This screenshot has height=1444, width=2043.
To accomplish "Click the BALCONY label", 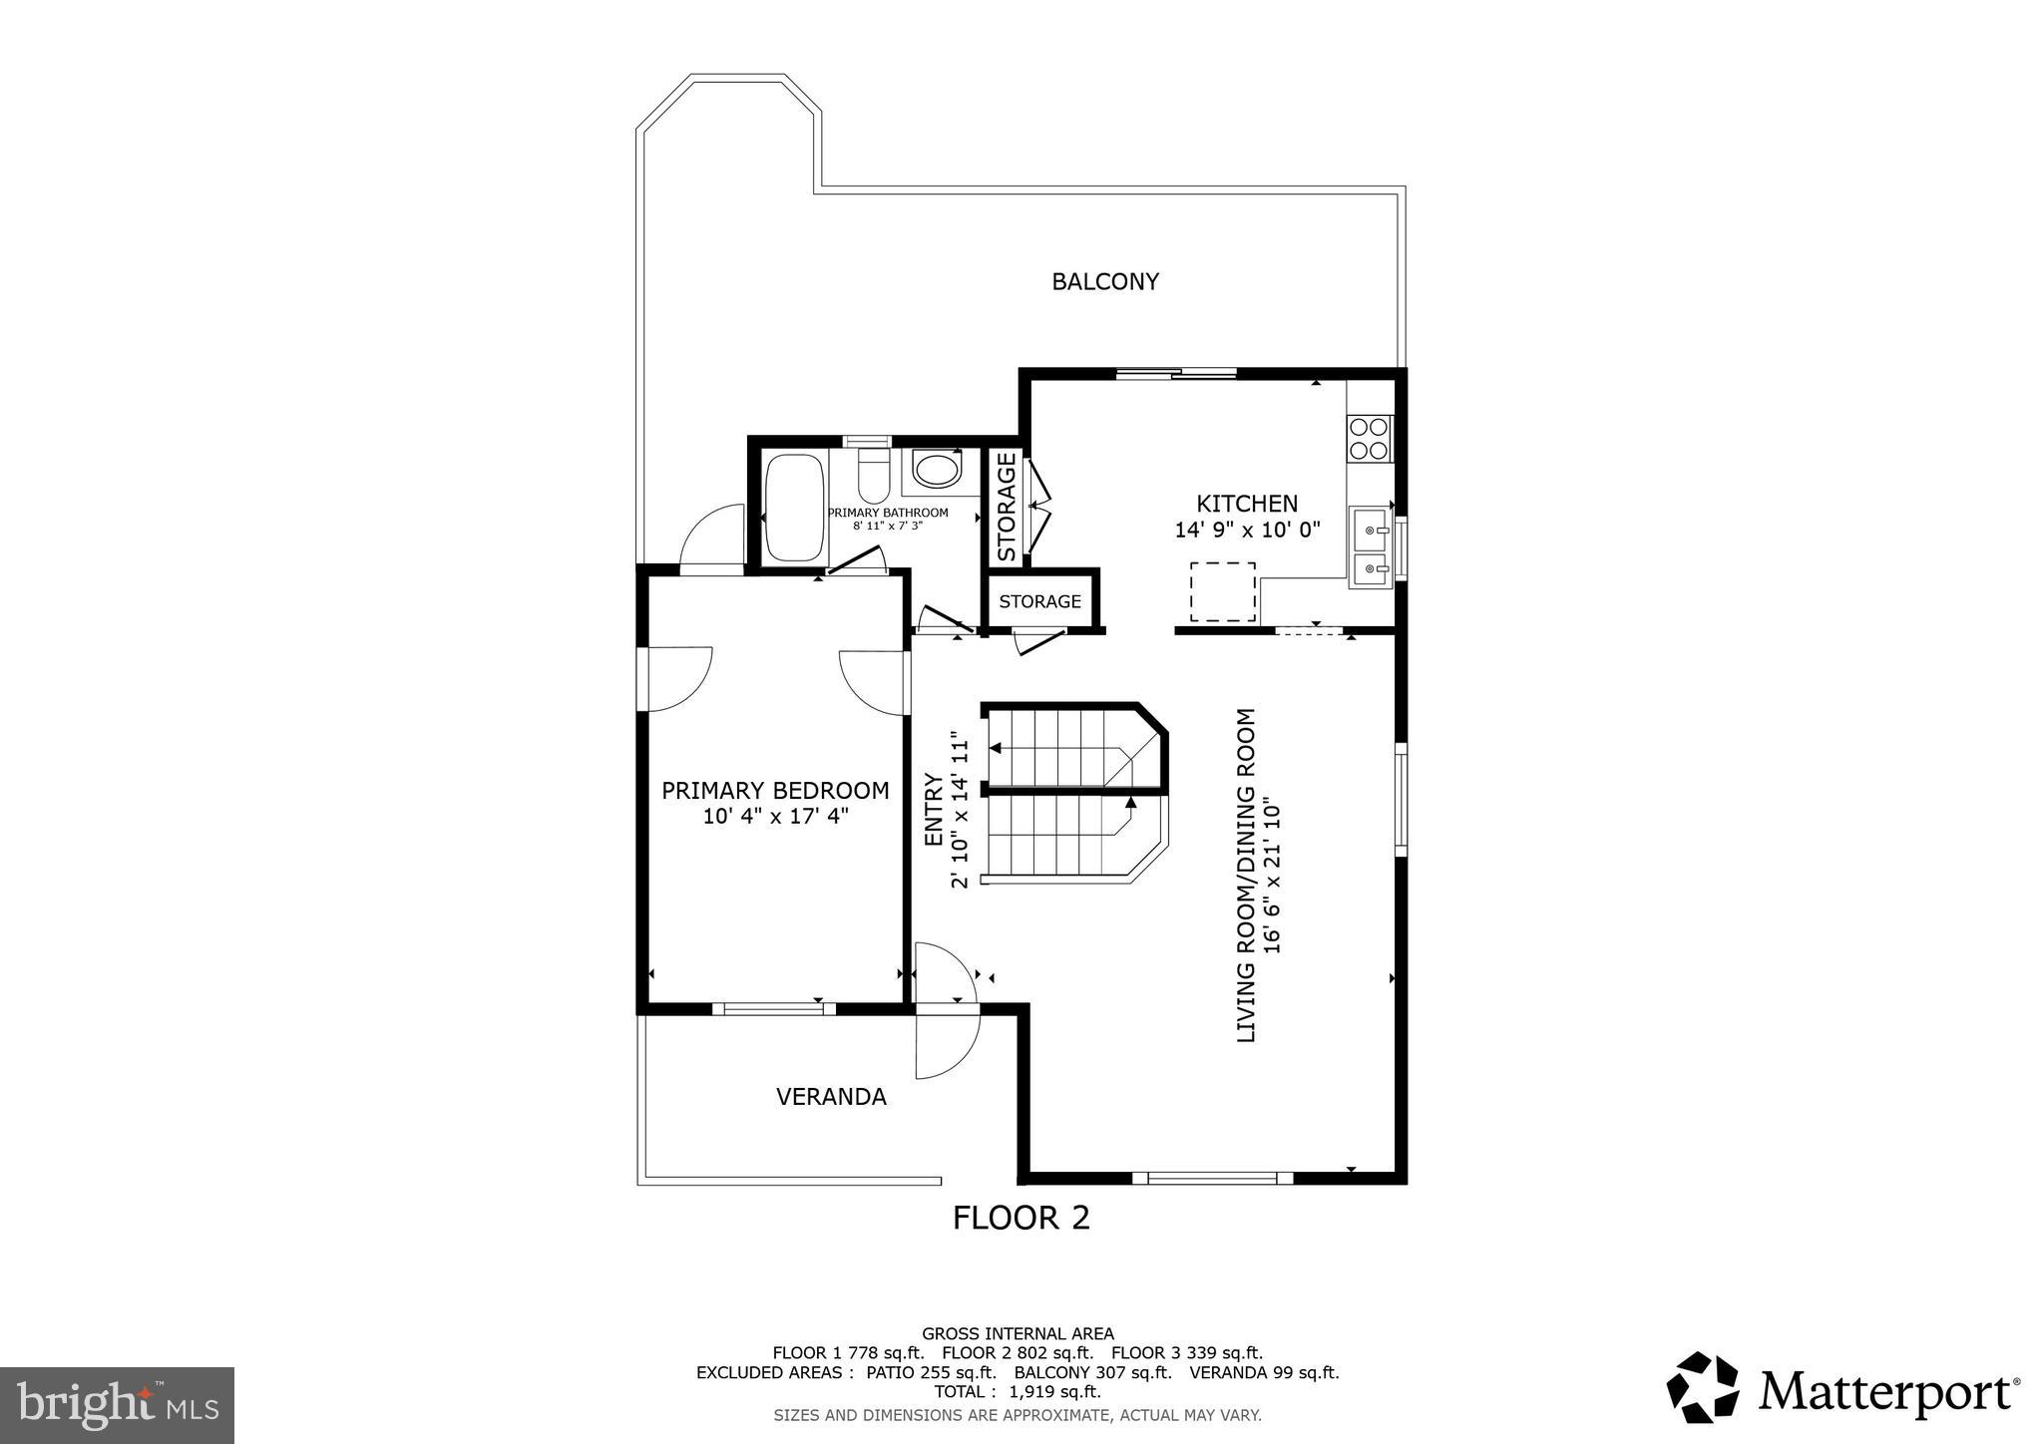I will pos(1104,282).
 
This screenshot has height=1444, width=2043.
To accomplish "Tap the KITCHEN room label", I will pos(1247,505).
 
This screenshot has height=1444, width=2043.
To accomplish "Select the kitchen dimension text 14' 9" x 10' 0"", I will pos(1247,531).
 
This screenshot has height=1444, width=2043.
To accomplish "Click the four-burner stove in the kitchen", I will pos(1369,438).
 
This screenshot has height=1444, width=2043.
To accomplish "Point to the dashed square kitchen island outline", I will pos(1223,592).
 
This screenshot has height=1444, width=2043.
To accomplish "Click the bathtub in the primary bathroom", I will pos(794,509).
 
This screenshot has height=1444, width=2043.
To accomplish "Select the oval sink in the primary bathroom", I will pos(938,470).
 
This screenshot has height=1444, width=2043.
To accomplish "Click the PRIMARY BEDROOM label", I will pos(775,791).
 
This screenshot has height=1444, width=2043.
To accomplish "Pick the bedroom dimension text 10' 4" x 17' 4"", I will pos(775,817).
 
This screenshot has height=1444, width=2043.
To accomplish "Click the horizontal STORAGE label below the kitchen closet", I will pos(1039,601).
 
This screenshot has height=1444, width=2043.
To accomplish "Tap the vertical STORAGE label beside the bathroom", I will pos(1007,508).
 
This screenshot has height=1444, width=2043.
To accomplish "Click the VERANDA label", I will pos(831,1097).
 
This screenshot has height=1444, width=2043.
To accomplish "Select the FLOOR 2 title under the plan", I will pos(1021,1218).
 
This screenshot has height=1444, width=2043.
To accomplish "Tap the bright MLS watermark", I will pos(117,1405).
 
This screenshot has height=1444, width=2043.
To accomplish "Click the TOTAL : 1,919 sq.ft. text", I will pos(1017,1392).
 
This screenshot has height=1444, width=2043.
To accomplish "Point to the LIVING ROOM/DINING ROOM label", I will pos(1246,876).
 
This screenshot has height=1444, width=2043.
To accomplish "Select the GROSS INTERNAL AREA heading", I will pos(1017,1333).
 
